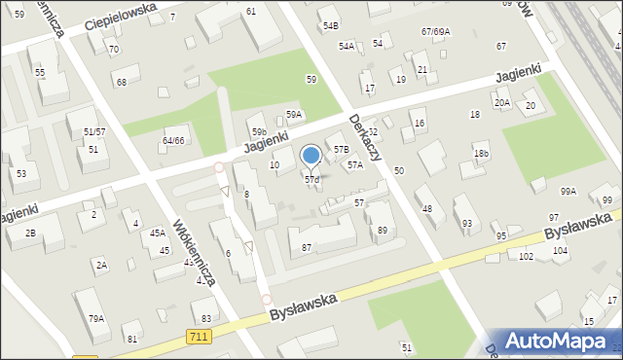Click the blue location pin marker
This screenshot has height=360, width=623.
click(x=311, y=156)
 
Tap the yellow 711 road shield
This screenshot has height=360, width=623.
click(x=198, y=336)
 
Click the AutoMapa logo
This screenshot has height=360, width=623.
click(x=553, y=341)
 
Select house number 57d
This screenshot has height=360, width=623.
click(x=311, y=180)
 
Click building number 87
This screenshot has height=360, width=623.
click(x=307, y=248)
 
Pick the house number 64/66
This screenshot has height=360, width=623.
click(x=173, y=141)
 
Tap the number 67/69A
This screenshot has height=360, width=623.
click(x=435, y=32)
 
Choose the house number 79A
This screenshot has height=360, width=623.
click(x=96, y=318)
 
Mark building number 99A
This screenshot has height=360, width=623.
click(x=568, y=192)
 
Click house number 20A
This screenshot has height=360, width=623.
click(x=502, y=103)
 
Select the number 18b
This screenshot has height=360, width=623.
click(x=481, y=154)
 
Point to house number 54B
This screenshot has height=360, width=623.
click(x=331, y=25)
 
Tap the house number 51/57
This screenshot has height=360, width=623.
click(x=94, y=131)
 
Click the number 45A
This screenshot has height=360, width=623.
click(x=157, y=234)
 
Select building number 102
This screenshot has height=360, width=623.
click(x=526, y=256)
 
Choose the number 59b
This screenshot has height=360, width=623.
click(x=258, y=132)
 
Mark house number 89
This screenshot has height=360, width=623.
click(x=383, y=230)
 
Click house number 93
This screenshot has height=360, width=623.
click(x=467, y=224)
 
